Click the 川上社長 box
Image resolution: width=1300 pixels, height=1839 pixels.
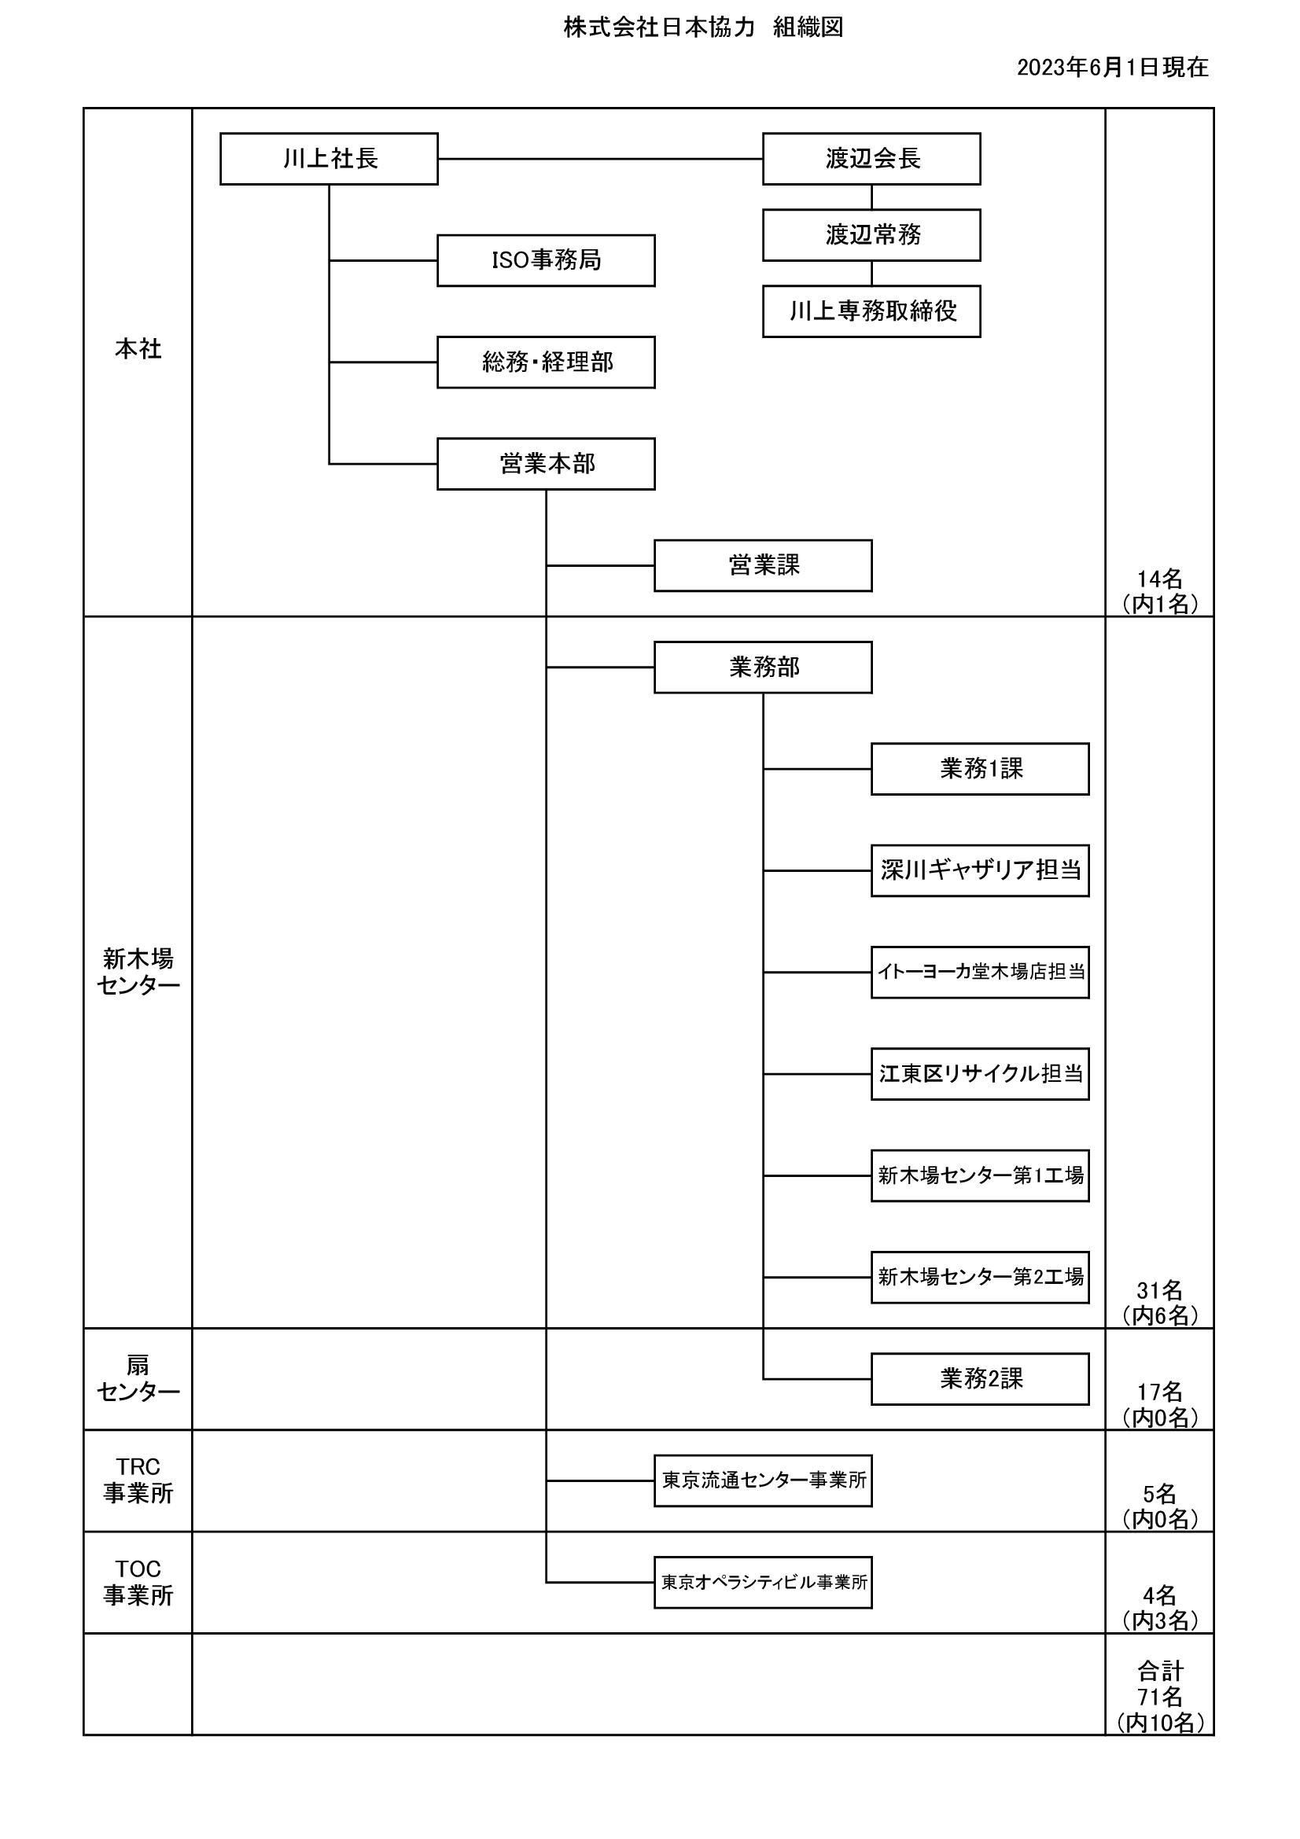pyautogui.click(x=330, y=159)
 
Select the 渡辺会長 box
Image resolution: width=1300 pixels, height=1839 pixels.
pyautogui.click(x=871, y=159)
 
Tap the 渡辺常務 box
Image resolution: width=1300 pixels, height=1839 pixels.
pyautogui.click(x=871, y=234)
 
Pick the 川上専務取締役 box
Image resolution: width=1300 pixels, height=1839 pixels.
pyautogui.click(x=871, y=311)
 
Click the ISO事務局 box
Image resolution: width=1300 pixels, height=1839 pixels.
pyautogui.click(x=547, y=260)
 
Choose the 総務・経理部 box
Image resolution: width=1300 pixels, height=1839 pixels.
pyautogui.click(x=547, y=362)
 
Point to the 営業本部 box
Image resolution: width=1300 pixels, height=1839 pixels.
pyautogui.click(x=547, y=464)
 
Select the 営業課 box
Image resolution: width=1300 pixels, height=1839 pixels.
pyautogui.click(x=764, y=565)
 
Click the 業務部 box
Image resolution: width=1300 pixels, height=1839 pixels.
pyautogui.click(x=764, y=668)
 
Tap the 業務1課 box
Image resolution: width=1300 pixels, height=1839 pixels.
pyautogui.click(x=981, y=769)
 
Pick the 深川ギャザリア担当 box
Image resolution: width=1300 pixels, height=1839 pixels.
pyautogui.click(x=981, y=870)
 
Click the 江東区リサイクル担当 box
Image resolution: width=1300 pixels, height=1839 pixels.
pyautogui.click(x=981, y=1074)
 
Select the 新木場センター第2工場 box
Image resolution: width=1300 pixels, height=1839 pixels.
pyautogui.click(x=981, y=1278)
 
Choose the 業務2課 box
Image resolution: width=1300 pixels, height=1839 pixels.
pyautogui.click(x=981, y=1379)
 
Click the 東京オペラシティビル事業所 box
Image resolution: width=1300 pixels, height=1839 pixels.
pyautogui.click(x=764, y=1583)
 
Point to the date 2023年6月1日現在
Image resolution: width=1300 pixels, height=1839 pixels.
pyautogui.click(x=1113, y=68)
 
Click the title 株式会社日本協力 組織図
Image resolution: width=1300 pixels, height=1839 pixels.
pyautogui.click(x=703, y=28)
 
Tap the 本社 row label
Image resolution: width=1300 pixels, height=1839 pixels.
pyautogui.click(x=138, y=349)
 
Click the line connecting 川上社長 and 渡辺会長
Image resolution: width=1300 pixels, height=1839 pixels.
pyautogui.click(x=600, y=159)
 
